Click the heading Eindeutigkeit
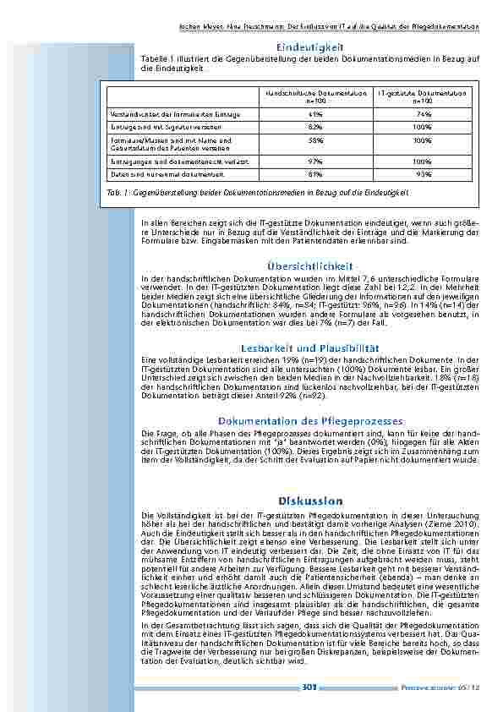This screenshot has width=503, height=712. point(309,47)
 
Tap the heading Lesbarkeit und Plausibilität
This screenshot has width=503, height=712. point(309,348)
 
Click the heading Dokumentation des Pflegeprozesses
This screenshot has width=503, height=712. point(310,420)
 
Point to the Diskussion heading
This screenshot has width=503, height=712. point(309,501)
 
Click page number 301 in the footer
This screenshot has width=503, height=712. point(309,687)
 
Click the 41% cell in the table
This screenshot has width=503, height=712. point(315,113)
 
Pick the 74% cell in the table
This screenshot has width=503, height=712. point(424,113)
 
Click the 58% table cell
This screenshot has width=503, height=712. point(315,140)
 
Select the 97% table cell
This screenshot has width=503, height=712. point(315,159)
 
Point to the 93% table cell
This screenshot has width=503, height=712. point(424,173)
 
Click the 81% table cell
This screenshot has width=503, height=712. point(315,173)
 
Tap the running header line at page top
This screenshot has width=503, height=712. point(330,26)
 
